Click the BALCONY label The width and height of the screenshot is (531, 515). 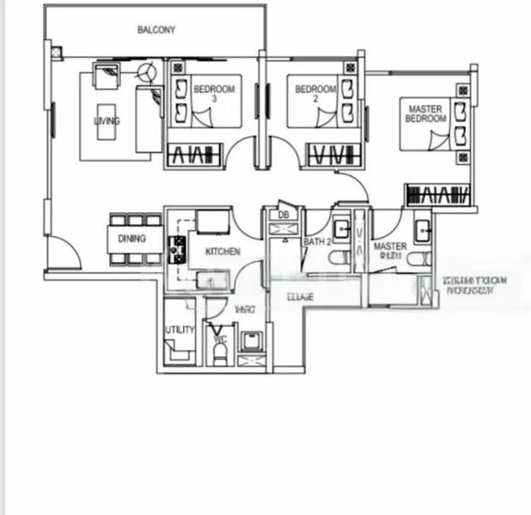(156, 30)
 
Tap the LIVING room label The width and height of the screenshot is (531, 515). (107, 121)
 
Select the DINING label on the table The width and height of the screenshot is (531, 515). (131, 239)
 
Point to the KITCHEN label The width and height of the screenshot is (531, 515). (221, 251)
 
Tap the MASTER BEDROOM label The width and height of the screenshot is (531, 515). (425, 114)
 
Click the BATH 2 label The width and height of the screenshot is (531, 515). (317, 242)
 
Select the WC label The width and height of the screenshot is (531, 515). (219, 339)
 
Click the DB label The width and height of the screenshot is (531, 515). (283, 215)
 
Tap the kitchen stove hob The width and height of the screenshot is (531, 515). (180, 250)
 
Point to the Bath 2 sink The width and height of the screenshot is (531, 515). (340, 229)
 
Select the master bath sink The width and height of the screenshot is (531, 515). (423, 230)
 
